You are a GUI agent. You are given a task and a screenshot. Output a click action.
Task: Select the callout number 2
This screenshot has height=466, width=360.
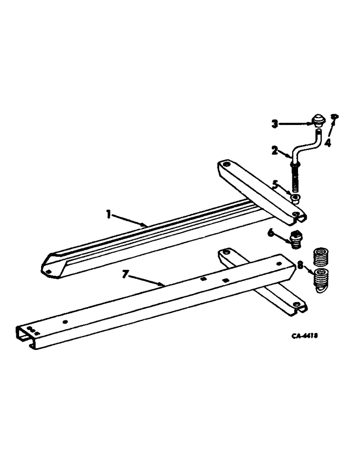tap(275, 150)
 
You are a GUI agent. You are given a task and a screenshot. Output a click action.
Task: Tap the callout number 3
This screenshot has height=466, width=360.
tap(275, 124)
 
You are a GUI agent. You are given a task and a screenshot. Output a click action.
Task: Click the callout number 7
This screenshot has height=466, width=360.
tap(125, 274)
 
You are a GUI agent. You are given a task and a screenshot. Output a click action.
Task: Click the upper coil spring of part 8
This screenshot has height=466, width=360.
tap(319, 256)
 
